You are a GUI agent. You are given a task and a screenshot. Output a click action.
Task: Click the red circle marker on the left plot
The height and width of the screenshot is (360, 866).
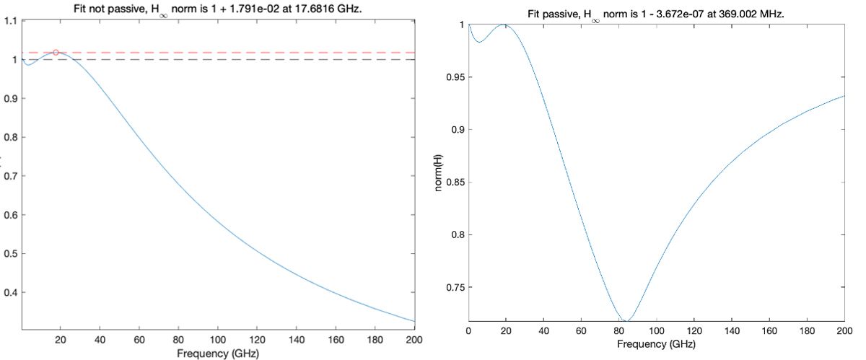(x=56, y=53)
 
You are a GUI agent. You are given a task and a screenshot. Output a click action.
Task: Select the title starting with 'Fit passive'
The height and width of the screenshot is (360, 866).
(x=656, y=14)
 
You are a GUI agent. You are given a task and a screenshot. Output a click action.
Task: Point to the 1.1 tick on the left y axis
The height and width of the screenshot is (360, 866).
(x=12, y=20)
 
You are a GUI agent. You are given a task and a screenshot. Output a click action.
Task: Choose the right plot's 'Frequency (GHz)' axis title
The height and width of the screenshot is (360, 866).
(x=656, y=344)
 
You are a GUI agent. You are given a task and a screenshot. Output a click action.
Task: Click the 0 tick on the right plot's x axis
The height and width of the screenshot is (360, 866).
(x=469, y=330)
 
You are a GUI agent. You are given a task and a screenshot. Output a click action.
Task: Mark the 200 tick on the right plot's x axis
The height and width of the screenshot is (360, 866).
(x=844, y=330)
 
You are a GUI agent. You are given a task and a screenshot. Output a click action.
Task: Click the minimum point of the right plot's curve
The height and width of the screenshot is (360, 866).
(x=627, y=321)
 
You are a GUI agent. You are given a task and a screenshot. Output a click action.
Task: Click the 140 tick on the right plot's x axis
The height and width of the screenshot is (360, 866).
(x=731, y=330)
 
